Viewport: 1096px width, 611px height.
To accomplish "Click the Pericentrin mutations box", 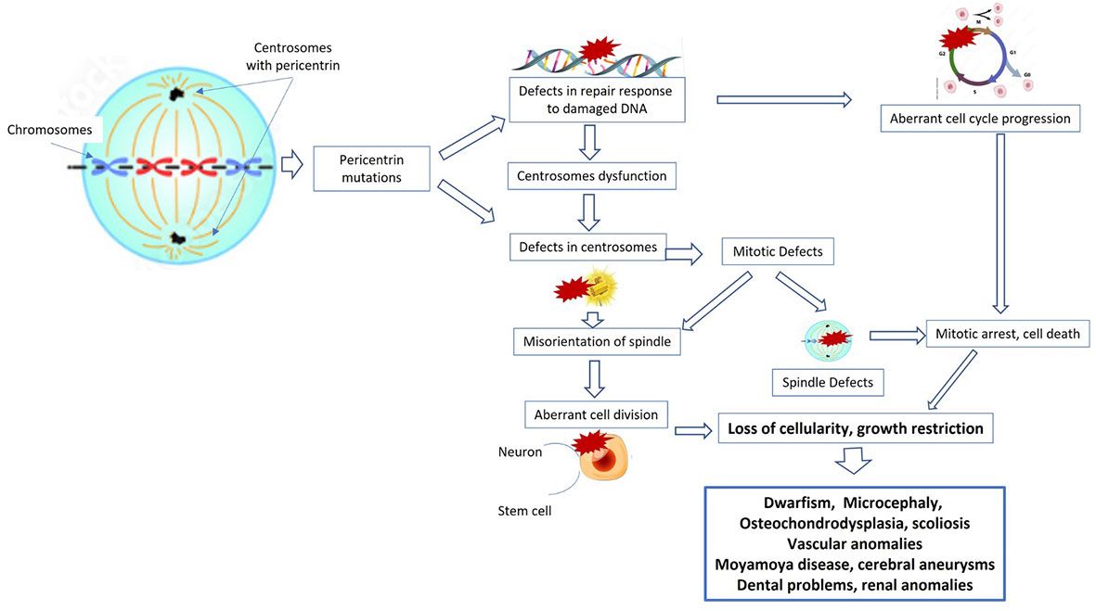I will (x=371, y=168).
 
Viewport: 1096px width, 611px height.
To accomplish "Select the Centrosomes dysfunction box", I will (x=587, y=174).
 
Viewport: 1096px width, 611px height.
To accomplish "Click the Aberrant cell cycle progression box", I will (x=980, y=119).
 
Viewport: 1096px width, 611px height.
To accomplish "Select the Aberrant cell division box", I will (x=596, y=414).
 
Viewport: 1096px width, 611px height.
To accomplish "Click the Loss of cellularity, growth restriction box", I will (x=855, y=428).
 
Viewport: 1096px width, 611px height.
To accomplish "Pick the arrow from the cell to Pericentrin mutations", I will (x=292, y=167).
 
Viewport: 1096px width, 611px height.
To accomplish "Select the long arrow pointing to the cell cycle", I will (x=784, y=98).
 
